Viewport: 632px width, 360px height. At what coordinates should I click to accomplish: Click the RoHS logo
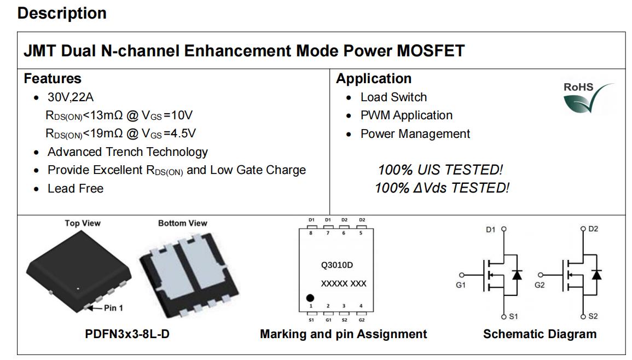click(589, 98)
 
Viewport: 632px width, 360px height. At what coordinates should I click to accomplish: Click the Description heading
click(62, 13)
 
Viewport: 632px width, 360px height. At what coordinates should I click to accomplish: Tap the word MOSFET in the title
click(431, 51)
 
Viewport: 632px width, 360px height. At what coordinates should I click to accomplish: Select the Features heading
click(53, 78)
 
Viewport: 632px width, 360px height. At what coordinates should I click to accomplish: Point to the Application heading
click(374, 78)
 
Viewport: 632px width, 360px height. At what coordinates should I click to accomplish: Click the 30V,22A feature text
click(71, 97)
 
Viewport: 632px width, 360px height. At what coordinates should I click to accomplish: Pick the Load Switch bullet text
click(393, 97)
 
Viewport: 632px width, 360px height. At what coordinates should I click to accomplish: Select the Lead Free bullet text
click(76, 188)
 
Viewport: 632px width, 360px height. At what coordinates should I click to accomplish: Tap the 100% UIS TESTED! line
click(440, 170)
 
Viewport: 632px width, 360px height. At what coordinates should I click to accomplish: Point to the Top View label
click(83, 223)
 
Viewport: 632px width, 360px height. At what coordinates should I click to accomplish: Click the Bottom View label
click(183, 223)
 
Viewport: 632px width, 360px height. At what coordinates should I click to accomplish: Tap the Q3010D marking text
click(337, 265)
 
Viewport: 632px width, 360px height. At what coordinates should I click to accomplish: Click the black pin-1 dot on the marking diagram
click(310, 298)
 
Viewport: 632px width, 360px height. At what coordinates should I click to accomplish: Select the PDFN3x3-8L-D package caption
click(127, 334)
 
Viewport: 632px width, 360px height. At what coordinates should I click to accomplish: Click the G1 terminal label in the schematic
click(461, 285)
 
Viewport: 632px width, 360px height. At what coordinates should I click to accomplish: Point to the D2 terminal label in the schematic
click(593, 229)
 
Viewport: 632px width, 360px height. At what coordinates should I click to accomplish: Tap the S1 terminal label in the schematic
click(513, 316)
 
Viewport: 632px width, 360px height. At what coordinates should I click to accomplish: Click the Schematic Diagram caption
click(540, 334)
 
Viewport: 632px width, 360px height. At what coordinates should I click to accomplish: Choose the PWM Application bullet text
click(406, 115)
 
